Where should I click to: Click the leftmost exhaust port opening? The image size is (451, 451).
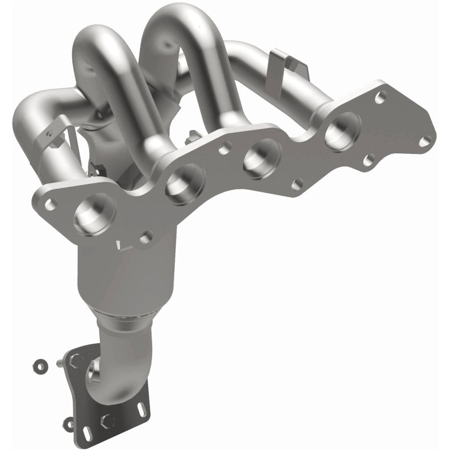click(94, 214)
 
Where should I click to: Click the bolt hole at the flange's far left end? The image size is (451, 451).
click(51, 204)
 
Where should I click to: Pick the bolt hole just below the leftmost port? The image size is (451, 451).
click(146, 237)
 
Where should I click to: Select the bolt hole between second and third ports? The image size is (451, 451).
click(224, 148)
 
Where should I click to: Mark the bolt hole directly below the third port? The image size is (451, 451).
click(297, 184)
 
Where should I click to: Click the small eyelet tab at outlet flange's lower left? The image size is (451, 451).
click(69, 421)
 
